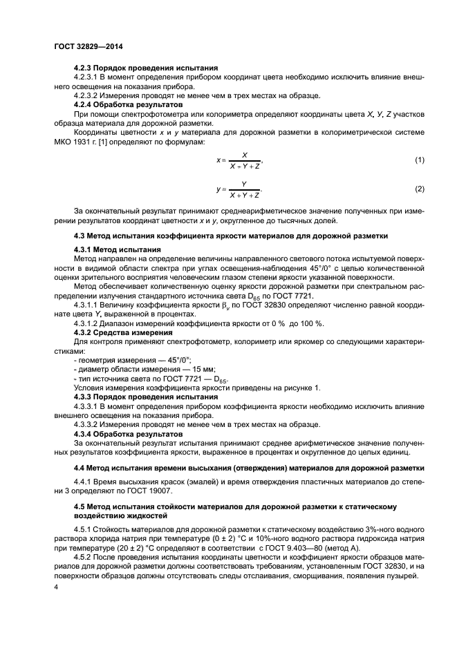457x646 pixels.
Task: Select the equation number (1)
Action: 419,160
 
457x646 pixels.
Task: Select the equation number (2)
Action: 419,189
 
